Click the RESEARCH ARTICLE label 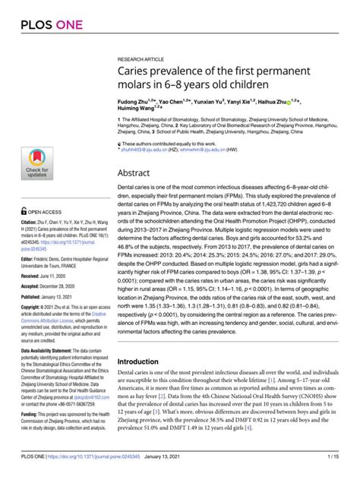click(141, 58)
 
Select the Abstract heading click(134, 173)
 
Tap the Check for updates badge click(36, 163)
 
